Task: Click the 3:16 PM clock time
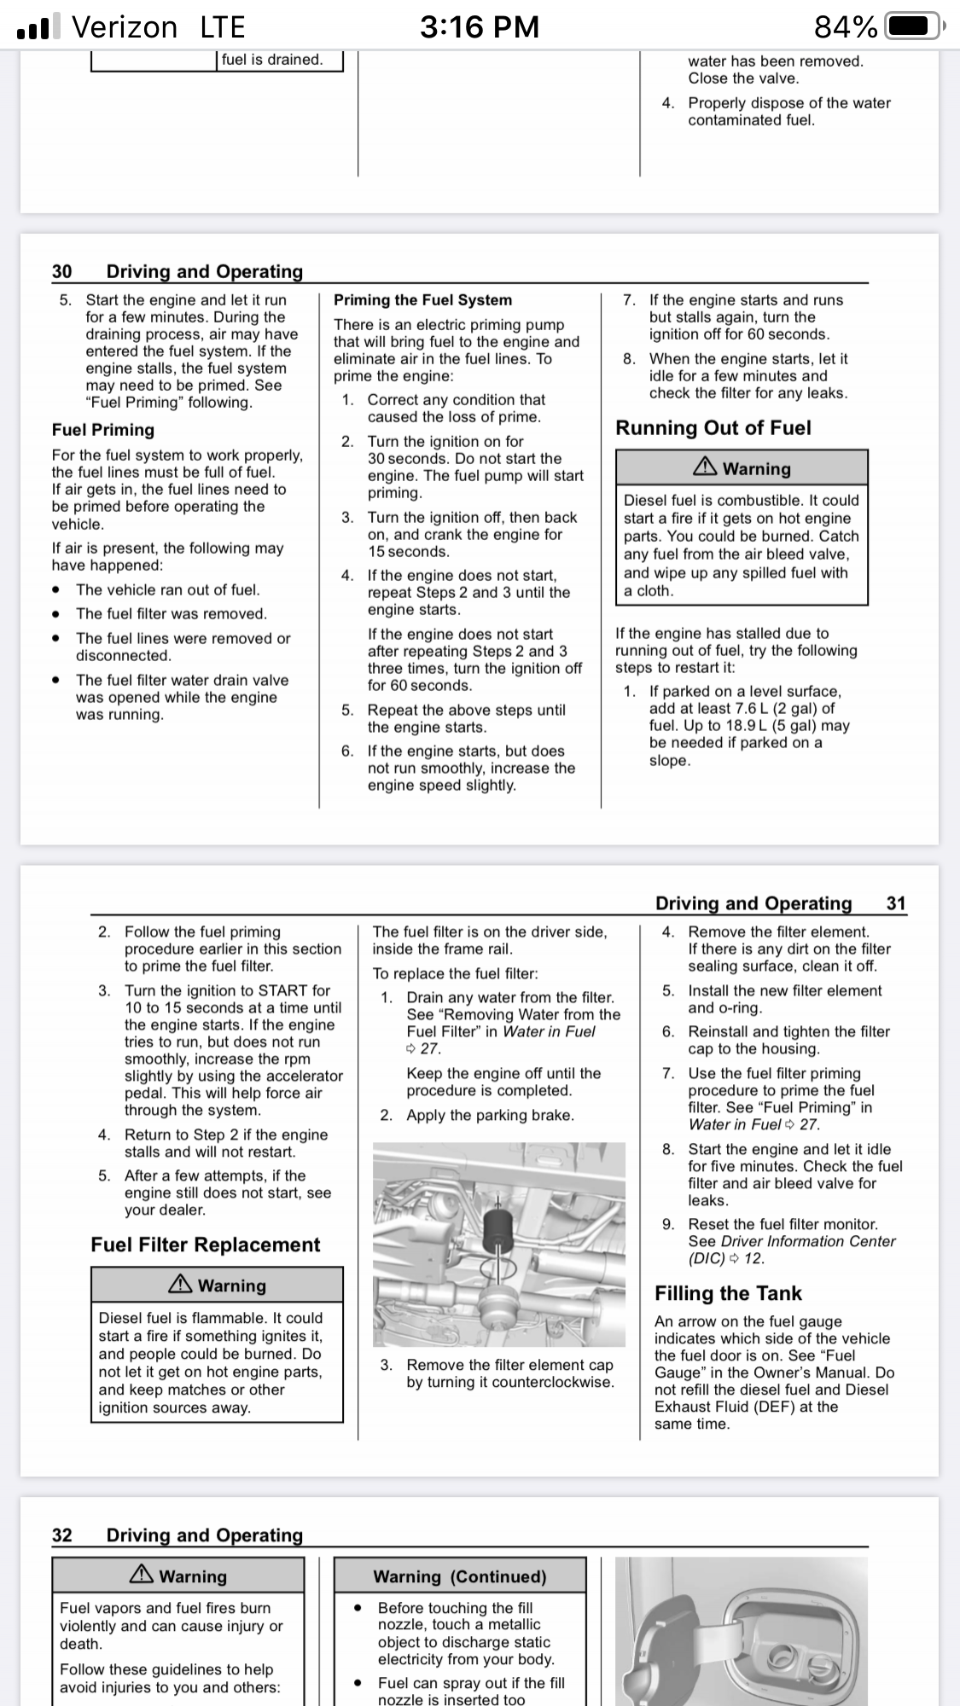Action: pyautogui.click(x=480, y=27)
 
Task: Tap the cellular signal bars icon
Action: pyautogui.click(x=38, y=28)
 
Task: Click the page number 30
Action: pyautogui.click(x=62, y=271)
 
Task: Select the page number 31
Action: pyautogui.click(x=896, y=903)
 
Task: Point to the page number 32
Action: pyautogui.click(x=62, y=1535)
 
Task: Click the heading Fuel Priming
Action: pyautogui.click(x=103, y=430)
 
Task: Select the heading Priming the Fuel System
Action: pyautogui.click(x=422, y=300)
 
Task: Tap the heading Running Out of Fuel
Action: pyautogui.click(x=713, y=428)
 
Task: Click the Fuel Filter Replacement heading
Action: pyautogui.click(x=206, y=1245)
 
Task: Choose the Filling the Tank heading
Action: pyautogui.click(x=728, y=1294)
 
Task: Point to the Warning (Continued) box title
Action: pyautogui.click(x=459, y=1576)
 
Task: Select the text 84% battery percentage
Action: pyautogui.click(x=846, y=27)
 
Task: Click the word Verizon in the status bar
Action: pyautogui.click(x=125, y=27)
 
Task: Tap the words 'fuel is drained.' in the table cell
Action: pyautogui.click(x=272, y=60)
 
